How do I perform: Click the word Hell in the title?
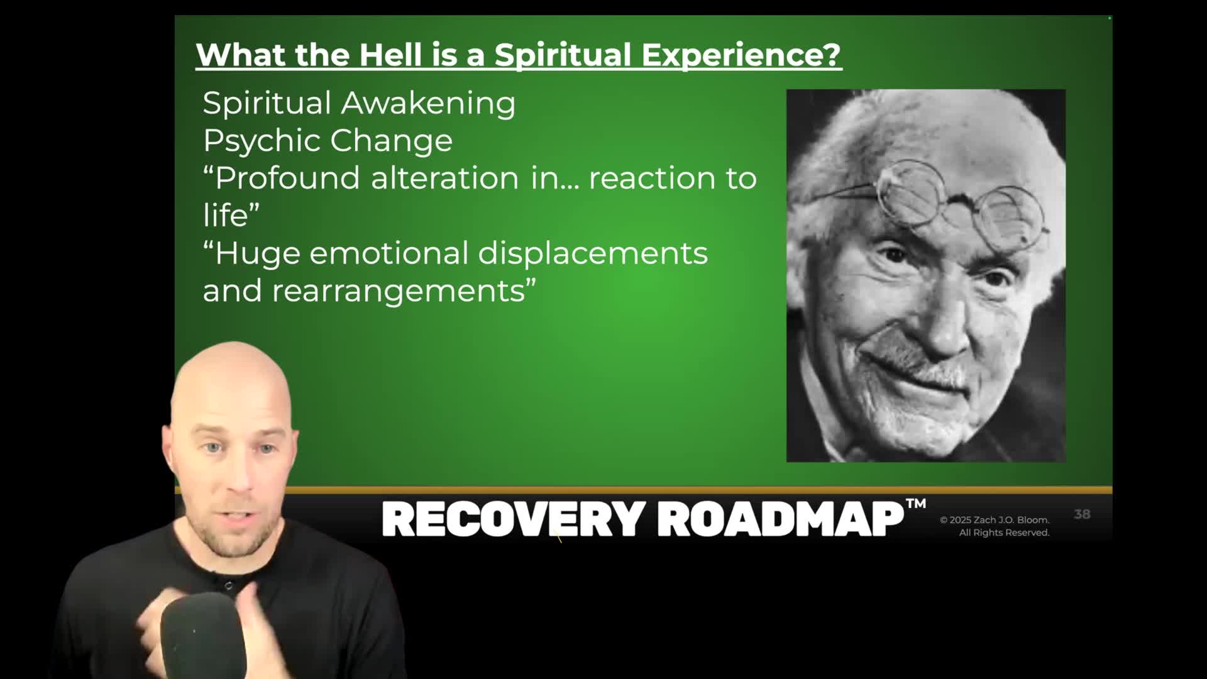pyautogui.click(x=390, y=55)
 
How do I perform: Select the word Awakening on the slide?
pyautogui.click(x=428, y=104)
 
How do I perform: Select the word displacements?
pyautogui.click(x=593, y=254)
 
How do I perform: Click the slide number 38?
pyautogui.click(x=1082, y=514)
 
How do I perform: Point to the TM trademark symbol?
pyautogui.click(x=916, y=504)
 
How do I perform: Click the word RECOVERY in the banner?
pyautogui.click(x=514, y=519)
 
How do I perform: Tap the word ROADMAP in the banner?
pyautogui.click(x=781, y=519)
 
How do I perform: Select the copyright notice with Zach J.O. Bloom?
pyautogui.click(x=995, y=526)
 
